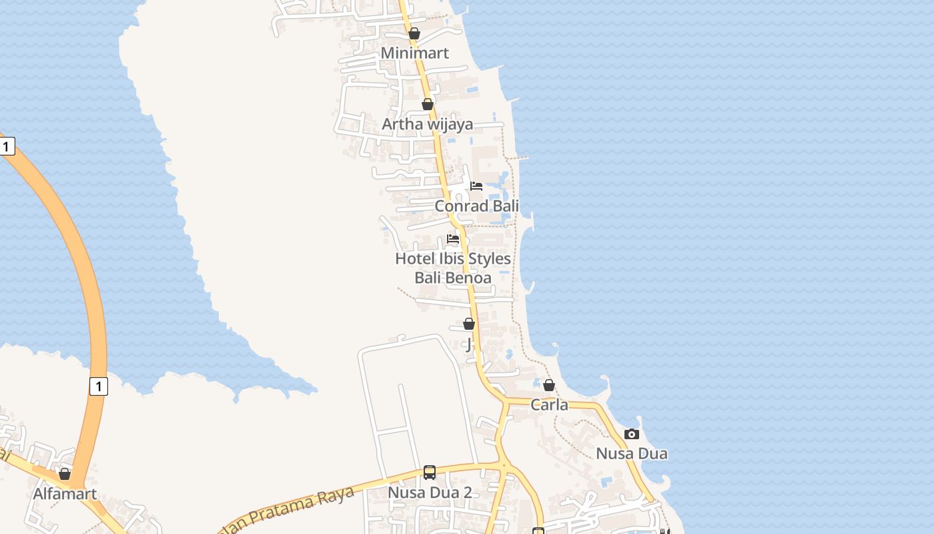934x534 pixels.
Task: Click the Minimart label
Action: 414,53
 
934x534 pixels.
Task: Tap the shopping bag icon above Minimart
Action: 414,33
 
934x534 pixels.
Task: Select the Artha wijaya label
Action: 427,124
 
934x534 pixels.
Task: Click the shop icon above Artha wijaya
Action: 428,104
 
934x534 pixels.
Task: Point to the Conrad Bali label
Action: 476,206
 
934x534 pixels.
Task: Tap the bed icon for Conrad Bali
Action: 476,186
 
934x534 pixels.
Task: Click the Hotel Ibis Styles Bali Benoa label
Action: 453,268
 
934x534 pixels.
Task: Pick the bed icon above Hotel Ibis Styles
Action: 453,238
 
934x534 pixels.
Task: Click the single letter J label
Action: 469,344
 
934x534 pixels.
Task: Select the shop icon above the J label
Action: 469,324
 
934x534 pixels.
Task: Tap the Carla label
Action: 549,405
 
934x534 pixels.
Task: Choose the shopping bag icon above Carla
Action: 548,385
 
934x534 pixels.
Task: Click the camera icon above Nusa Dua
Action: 631,434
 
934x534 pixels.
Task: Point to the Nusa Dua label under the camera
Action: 631,454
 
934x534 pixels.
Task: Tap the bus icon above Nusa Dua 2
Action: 430,473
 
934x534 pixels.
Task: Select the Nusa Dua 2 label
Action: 430,493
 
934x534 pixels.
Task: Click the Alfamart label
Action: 65,495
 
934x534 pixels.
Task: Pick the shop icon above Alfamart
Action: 65,474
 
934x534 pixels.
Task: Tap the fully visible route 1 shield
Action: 98,386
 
